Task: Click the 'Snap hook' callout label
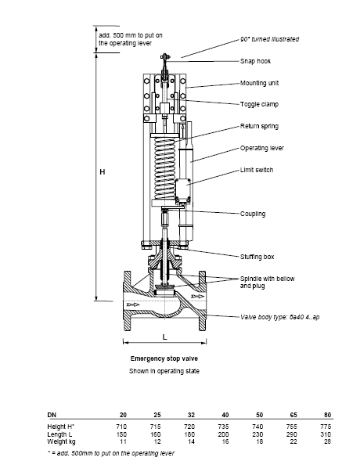(x=255, y=61)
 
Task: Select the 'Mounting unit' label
(x=259, y=83)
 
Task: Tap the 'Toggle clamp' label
(x=259, y=104)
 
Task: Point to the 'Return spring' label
(x=259, y=126)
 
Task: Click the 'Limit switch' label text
(x=257, y=170)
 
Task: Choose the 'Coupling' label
(x=253, y=214)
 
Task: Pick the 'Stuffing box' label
(x=257, y=257)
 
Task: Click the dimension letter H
(x=103, y=171)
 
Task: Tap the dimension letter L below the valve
(x=165, y=337)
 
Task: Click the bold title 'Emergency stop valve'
(x=164, y=358)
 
